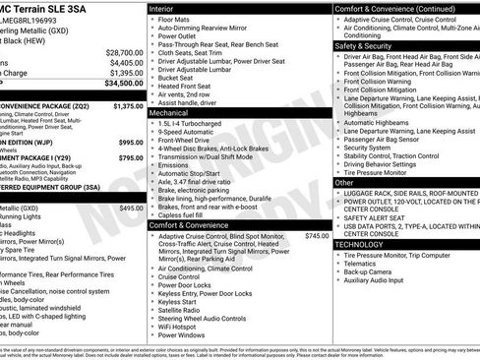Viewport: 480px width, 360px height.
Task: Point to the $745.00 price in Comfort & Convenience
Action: [x=317, y=236]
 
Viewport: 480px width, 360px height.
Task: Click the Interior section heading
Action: [x=168, y=8]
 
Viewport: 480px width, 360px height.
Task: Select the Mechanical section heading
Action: [x=175, y=113]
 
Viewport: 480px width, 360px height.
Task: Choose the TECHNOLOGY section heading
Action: [x=367, y=244]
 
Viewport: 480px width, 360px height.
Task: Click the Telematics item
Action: [x=366, y=265]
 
